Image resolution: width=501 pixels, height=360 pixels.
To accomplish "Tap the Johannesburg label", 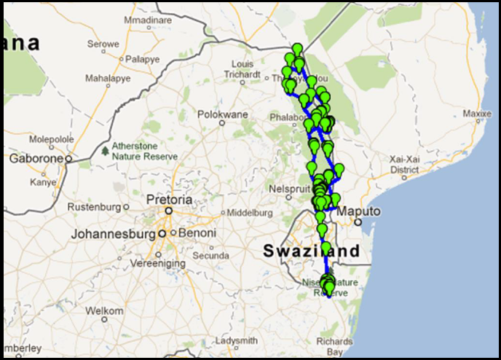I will tap(114, 235).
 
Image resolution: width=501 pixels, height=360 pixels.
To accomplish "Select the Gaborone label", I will tap(34, 157).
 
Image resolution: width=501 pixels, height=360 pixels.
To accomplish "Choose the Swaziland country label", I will tap(311, 251).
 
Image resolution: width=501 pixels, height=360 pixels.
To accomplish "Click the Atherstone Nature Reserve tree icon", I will tap(106, 151).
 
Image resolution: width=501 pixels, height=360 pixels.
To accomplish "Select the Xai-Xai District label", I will tap(404, 164).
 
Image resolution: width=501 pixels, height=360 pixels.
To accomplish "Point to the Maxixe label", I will tap(478, 114).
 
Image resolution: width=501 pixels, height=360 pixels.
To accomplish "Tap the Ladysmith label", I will tap(237, 341).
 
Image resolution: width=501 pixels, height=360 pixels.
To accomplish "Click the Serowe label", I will tap(103, 44).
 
